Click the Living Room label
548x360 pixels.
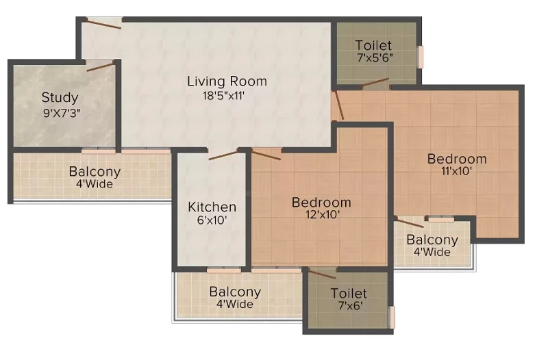227,81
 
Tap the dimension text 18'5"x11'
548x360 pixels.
223,95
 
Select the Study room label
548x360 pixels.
60,97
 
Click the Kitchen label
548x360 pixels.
212,207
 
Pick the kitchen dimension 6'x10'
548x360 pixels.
212,220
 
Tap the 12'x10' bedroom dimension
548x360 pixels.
322,214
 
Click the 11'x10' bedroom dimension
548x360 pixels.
457,170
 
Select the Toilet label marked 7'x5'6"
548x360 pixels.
373,45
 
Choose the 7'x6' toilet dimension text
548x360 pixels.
351,305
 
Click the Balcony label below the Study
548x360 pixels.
95,172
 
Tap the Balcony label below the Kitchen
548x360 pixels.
235,292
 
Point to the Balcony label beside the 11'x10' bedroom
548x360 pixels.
432,240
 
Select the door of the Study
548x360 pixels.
100,66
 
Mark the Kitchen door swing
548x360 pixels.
223,155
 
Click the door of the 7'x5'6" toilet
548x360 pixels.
375,83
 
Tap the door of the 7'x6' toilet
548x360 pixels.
322,274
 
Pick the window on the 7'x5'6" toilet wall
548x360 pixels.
421,57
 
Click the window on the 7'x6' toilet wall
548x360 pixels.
392,317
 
